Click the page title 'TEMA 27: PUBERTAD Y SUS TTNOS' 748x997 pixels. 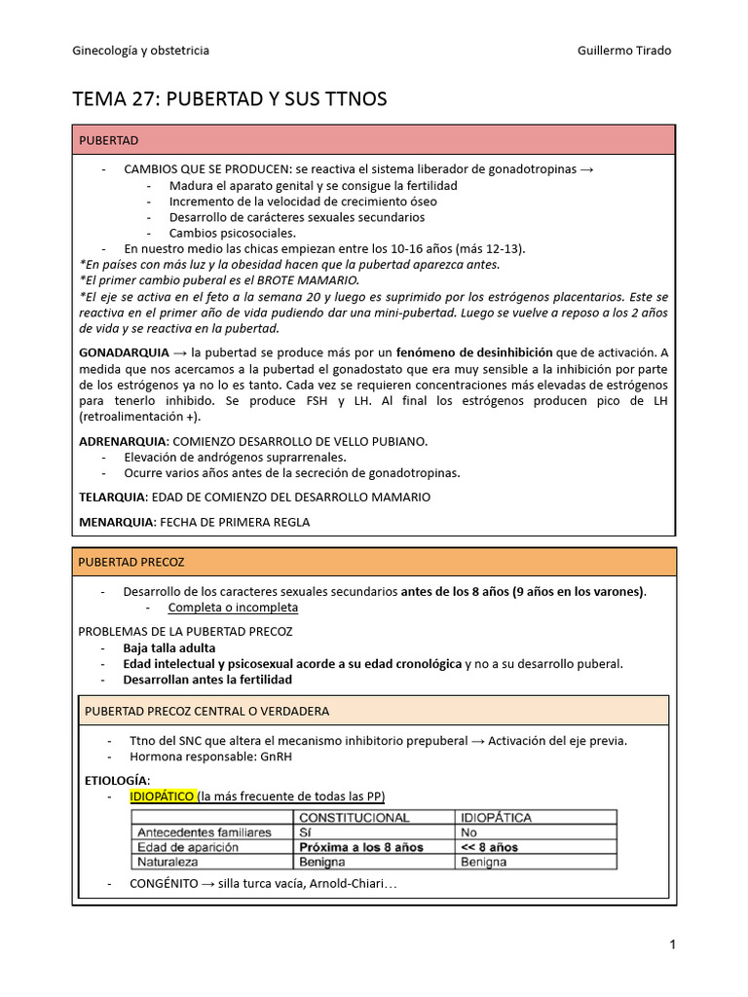pyautogui.click(x=230, y=99)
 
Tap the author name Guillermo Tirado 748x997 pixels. pyautogui.click(x=624, y=51)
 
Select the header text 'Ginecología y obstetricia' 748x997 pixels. pyautogui.click(x=141, y=51)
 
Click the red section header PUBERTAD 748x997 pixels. pyautogui.click(x=108, y=140)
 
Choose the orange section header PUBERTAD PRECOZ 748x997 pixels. pyautogui.click(x=131, y=563)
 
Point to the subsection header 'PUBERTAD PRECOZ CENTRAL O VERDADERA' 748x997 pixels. pyautogui.click(x=206, y=711)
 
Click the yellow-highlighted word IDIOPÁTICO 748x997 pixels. pyautogui.click(x=163, y=796)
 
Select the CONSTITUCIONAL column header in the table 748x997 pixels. pyautogui.click(x=354, y=818)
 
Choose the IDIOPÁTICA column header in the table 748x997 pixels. pyautogui.click(x=497, y=818)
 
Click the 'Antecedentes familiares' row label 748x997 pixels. pyautogui.click(x=205, y=832)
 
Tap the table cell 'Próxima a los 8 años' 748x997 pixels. pyautogui.click(x=360, y=847)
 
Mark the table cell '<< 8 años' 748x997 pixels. pyautogui.click(x=489, y=847)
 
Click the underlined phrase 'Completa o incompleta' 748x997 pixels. pyautogui.click(x=233, y=608)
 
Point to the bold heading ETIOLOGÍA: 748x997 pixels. pyautogui.click(x=118, y=780)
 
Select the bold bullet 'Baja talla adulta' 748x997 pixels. pyautogui.click(x=169, y=647)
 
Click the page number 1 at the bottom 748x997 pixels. pyautogui.click(x=672, y=943)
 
